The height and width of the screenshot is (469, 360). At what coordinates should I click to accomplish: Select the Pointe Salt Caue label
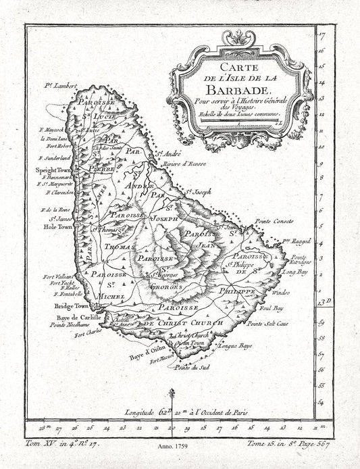click(x=267, y=324)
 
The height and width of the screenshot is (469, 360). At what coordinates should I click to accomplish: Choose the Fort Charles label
click(x=88, y=335)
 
